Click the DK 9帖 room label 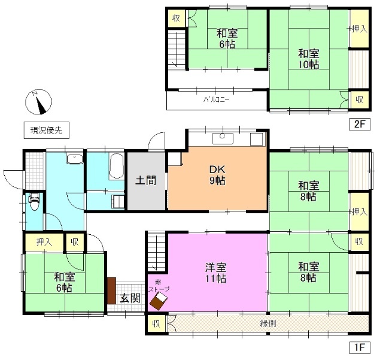click(x=217, y=175)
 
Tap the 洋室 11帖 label click(x=217, y=272)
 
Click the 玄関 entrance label click(x=129, y=298)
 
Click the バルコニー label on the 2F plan click(x=216, y=99)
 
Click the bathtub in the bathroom click(x=117, y=166)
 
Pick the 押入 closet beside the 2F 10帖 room click(x=359, y=29)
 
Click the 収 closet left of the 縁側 click(x=155, y=324)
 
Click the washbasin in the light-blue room click(x=75, y=160)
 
